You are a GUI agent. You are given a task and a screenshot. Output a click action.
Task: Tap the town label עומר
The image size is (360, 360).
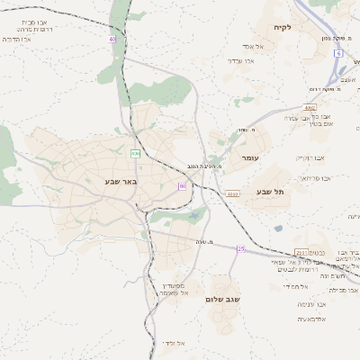pos(249,157)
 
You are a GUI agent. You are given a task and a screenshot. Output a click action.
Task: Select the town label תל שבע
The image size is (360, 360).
pos(269,191)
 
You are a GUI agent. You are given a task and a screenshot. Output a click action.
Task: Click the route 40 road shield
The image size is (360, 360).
pos(112,40)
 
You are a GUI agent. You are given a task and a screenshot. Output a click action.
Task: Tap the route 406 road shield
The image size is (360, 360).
pos(135,154)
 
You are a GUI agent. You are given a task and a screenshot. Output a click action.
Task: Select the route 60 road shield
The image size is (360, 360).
pos(182,186)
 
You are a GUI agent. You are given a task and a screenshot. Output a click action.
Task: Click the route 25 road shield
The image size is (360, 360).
pos(240,248)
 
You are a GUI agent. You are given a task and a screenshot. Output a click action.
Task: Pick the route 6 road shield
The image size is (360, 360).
pos(338,54)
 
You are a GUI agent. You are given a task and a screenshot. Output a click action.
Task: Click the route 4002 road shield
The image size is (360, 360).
pos(310,108)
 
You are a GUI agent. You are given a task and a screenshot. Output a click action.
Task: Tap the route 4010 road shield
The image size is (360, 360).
pos(232,193)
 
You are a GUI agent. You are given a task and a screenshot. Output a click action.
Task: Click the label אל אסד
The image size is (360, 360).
pos(252,46)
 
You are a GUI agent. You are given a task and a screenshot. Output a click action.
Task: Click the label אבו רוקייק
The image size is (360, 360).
pos(310,157)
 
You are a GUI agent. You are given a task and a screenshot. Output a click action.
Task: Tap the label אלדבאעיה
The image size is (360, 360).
pos(312,319)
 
